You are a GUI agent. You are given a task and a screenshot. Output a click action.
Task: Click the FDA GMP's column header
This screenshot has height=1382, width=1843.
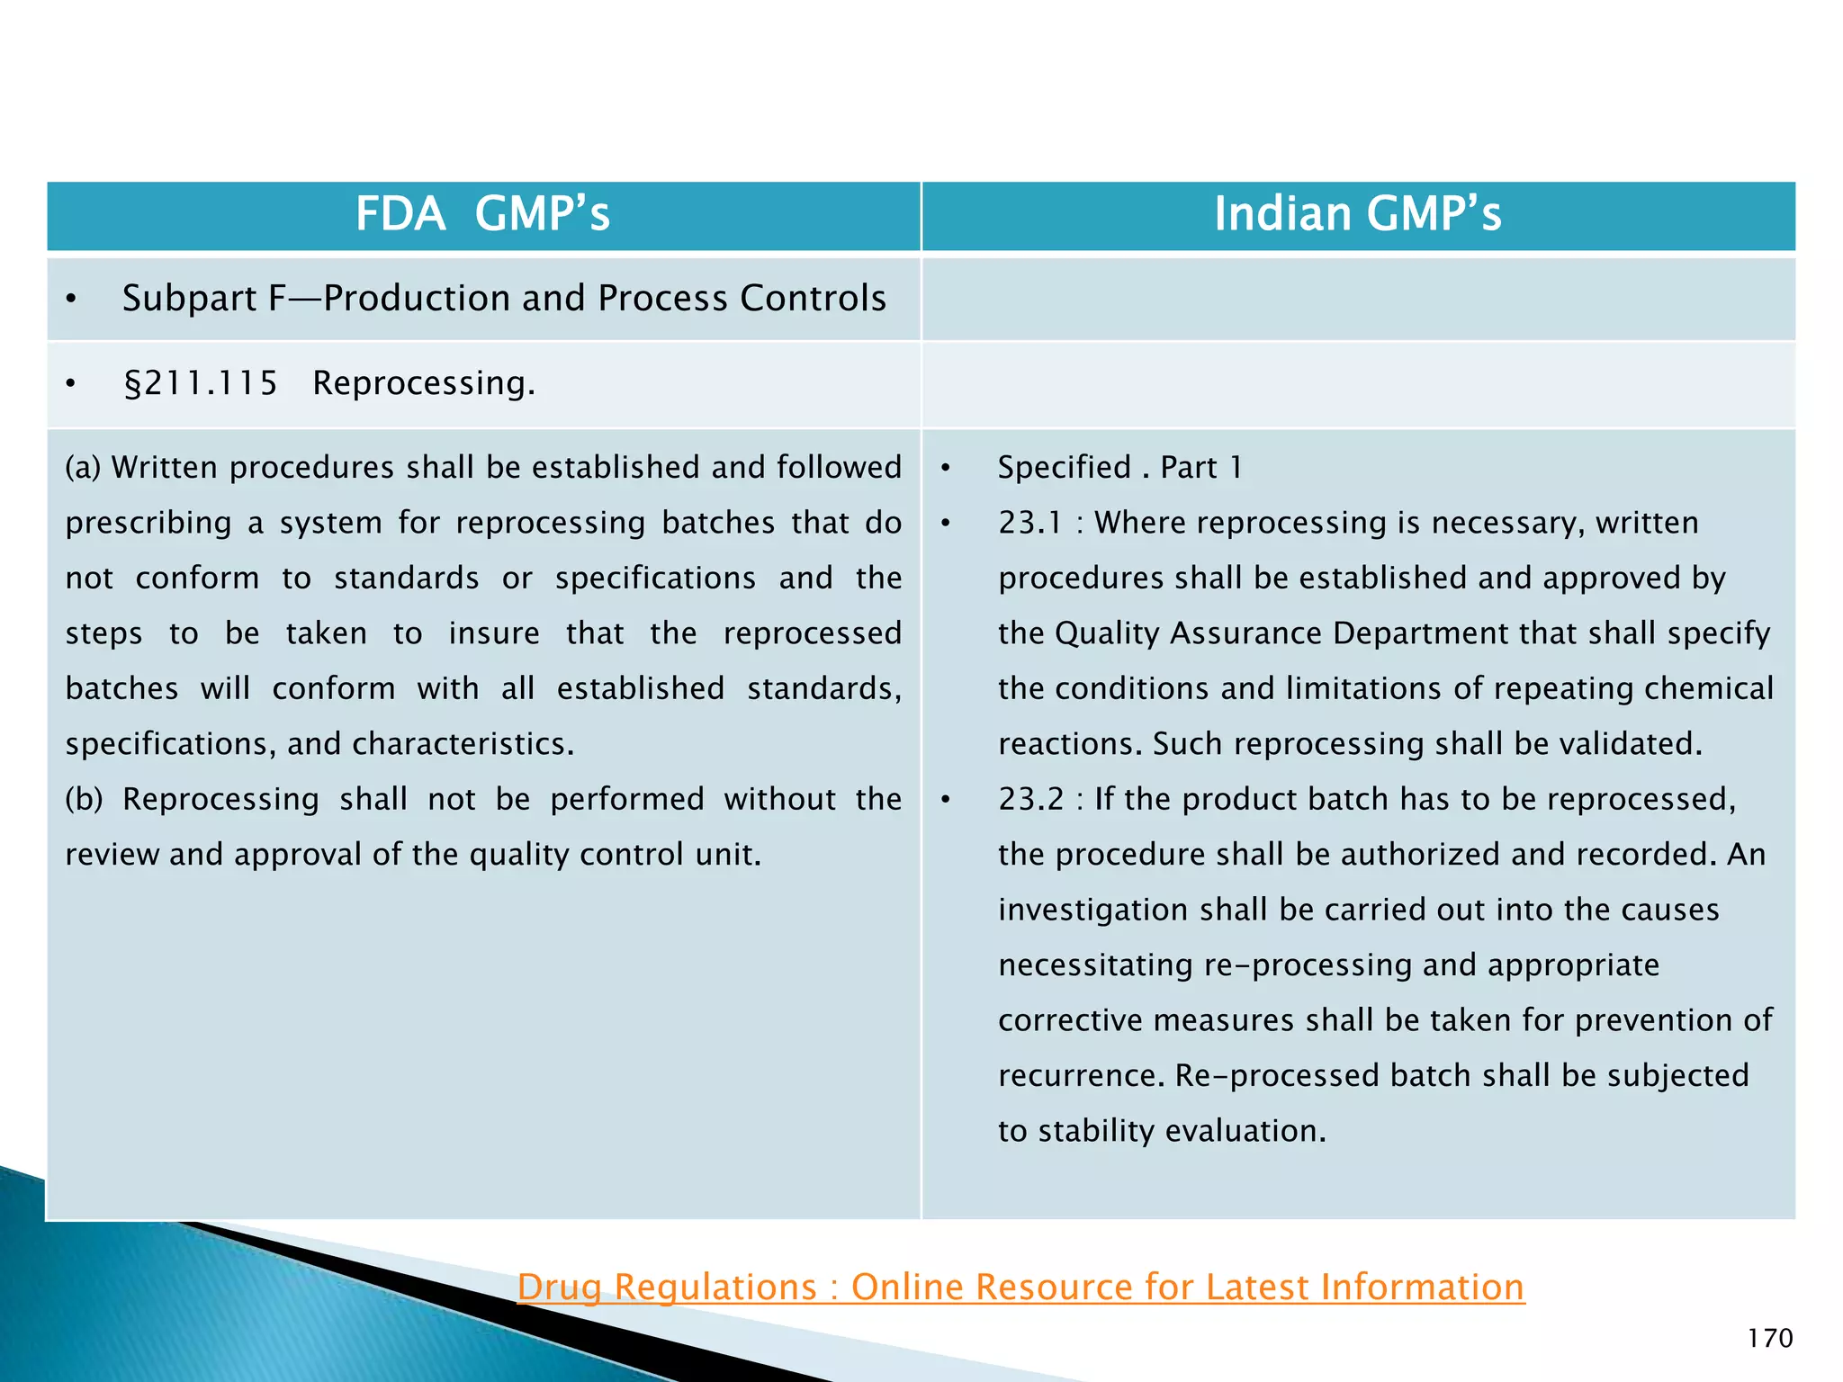click(x=483, y=215)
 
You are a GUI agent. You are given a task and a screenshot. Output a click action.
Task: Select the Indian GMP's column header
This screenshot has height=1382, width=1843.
click(x=1358, y=215)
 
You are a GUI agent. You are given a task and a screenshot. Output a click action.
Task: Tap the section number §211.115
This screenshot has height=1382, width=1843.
click(x=200, y=383)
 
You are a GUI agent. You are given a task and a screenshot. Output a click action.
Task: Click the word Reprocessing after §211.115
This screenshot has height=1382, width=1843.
click(x=423, y=383)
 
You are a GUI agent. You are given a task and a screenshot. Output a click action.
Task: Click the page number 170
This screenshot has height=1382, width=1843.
click(x=1769, y=1338)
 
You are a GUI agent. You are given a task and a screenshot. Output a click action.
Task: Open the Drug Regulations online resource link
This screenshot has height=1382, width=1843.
click(x=1020, y=1287)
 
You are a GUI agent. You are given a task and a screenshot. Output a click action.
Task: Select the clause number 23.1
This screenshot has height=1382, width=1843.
click(x=1029, y=523)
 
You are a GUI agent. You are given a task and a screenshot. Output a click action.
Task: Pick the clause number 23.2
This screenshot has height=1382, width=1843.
click(x=1030, y=799)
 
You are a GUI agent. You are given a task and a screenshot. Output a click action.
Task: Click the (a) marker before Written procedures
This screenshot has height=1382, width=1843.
click(x=83, y=468)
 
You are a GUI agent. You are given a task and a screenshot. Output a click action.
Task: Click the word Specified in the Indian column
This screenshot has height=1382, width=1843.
click(x=1064, y=468)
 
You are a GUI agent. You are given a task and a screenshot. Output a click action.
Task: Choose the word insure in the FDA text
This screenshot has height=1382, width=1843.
click(x=494, y=633)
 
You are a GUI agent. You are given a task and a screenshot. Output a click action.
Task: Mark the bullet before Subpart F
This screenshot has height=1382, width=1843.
click(x=71, y=300)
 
